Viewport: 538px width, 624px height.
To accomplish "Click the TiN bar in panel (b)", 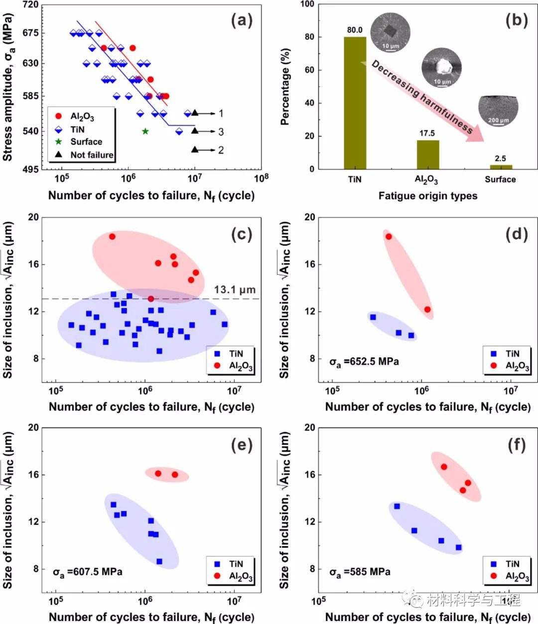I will [x=355, y=103].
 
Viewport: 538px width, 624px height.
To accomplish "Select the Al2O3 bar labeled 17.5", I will [x=428, y=155].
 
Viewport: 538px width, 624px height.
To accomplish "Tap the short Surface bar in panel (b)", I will [x=501, y=167].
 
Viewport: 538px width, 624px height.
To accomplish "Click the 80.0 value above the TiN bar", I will [x=355, y=30].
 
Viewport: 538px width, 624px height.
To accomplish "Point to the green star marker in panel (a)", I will [x=145, y=131].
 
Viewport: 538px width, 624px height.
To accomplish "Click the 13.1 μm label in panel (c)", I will [x=235, y=289].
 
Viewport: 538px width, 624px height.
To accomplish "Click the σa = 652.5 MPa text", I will [x=364, y=362].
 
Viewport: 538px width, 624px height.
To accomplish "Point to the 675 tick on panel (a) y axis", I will [x=30, y=33].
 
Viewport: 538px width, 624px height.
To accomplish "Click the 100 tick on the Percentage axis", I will [x=307, y=4].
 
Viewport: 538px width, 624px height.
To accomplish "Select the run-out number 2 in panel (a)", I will [x=221, y=150].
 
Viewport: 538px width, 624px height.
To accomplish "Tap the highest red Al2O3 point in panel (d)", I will [x=389, y=236].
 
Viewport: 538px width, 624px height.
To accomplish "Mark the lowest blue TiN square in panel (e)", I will [x=159, y=562].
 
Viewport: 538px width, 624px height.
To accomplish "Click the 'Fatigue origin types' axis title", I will [x=427, y=196].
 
